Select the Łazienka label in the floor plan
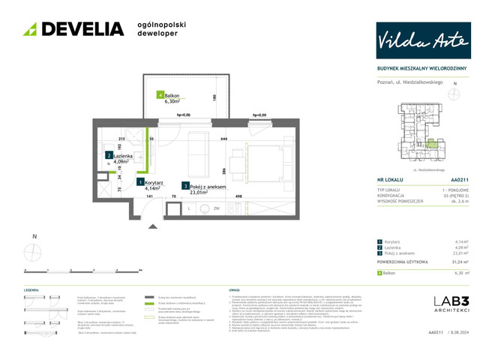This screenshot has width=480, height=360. pyautogui.click(x=125, y=155)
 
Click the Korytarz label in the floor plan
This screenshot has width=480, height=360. pyautogui.click(x=155, y=181)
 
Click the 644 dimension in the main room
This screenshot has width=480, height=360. pyautogui.click(x=223, y=139)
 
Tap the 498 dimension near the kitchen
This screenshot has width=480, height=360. pyautogui.click(x=239, y=196)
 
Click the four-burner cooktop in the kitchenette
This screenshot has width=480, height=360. pyautogui.click(x=233, y=209)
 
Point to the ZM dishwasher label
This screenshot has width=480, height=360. pyautogui.click(x=216, y=208)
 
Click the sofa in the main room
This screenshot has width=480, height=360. pyautogui.click(x=197, y=154)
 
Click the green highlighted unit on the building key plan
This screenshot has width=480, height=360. pyautogui.click(x=430, y=142)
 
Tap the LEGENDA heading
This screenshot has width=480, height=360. pyautogui.click(x=31, y=289)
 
